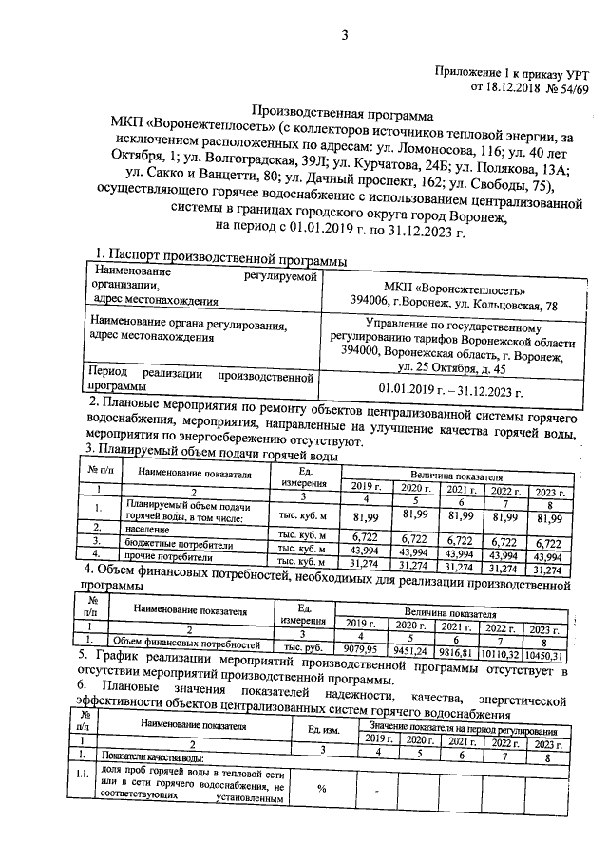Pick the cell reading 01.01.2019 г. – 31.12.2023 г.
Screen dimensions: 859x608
click(450, 389)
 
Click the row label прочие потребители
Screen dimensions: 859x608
click(165, 560)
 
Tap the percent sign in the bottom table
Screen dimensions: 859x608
click(322, 788)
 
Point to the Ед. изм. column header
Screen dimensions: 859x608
click(324, 728)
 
